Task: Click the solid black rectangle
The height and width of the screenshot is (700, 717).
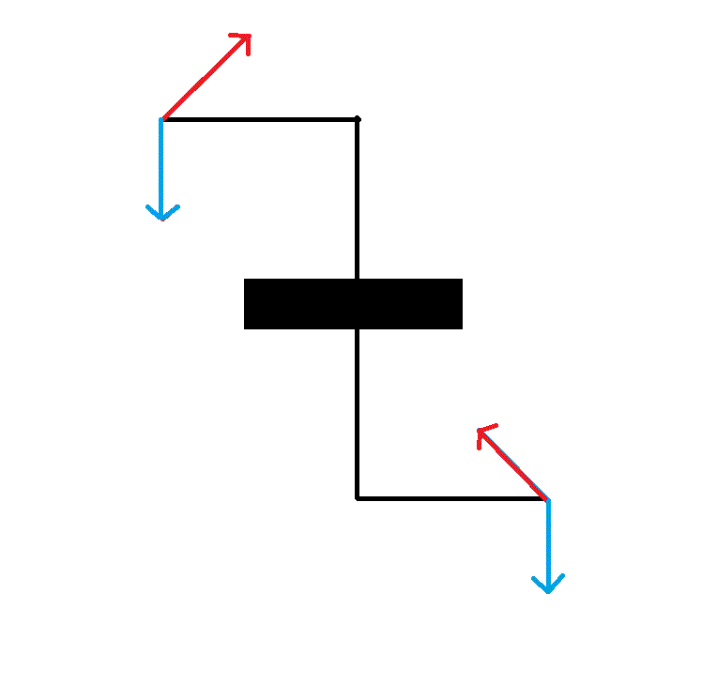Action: (x=353, y=304)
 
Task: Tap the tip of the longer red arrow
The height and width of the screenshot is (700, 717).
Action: (x=250, y=36)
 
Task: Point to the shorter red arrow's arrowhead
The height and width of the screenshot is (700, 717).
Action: (x=481, y=431)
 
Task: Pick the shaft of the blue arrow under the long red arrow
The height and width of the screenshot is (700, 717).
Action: (x=161, y=164)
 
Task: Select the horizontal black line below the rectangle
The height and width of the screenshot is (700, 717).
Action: (x=450, y=498)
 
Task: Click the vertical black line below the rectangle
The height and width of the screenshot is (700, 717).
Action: (x=357, y=413)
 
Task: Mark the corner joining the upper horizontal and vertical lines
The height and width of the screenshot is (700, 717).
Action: (x=357, y=119)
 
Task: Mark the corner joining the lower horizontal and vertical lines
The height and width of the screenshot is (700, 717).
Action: (x=357, y=498)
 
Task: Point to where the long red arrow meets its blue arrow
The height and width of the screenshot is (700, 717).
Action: (x=162, y=119)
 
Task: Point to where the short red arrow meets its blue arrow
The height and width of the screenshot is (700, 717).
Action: (x=547, y=498)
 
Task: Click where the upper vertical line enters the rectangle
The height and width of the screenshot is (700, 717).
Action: (x=357, y=279)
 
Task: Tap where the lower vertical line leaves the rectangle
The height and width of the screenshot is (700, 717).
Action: (x=357, y=328)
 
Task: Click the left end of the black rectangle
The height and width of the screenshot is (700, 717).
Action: (x=246, y=304)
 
